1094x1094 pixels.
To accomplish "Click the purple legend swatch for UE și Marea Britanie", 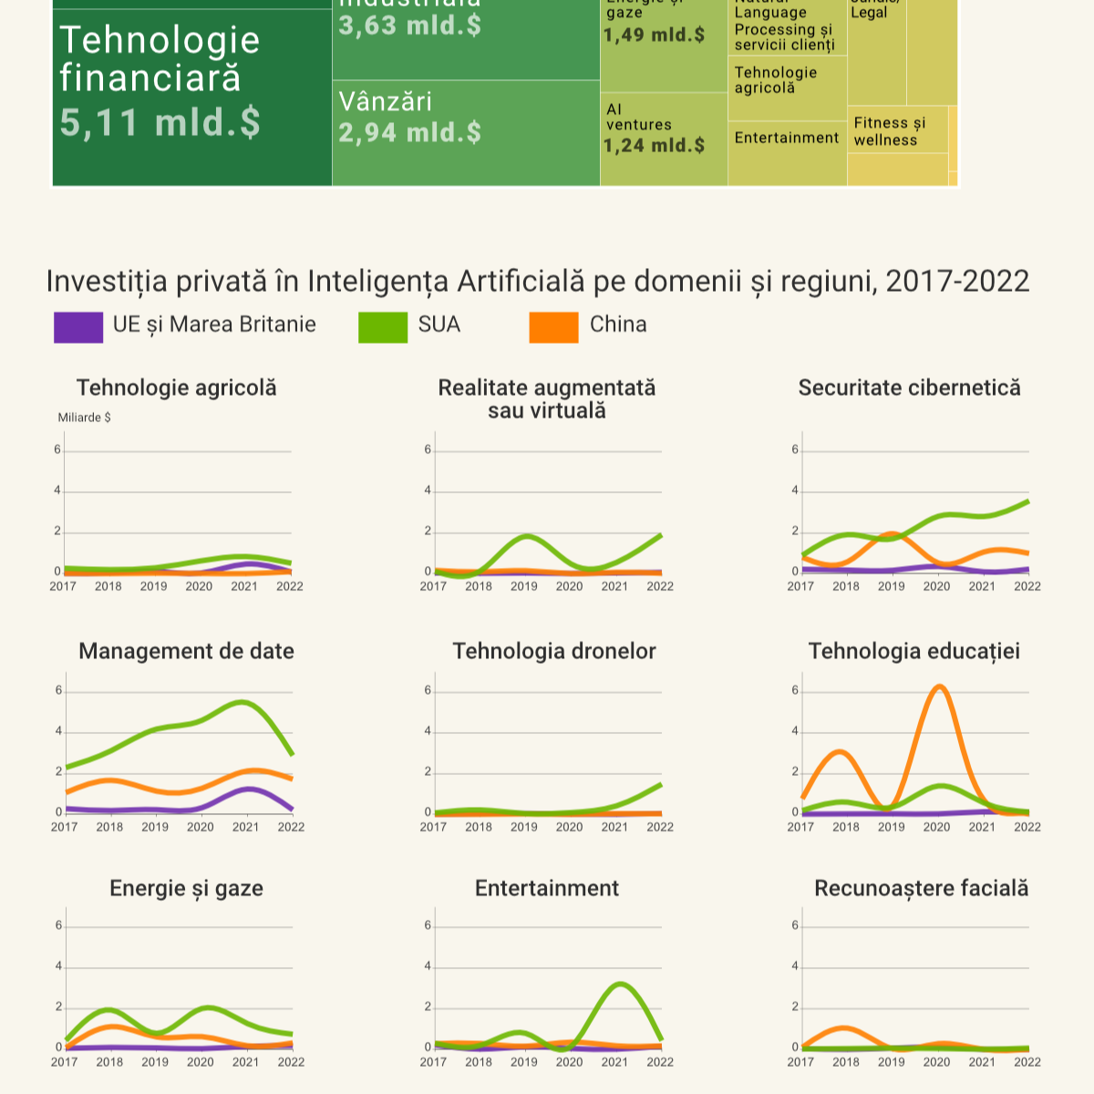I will coord(78,327).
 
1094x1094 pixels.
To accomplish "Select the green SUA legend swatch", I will coord(383,327).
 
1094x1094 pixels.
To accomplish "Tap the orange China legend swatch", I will coord(553,327).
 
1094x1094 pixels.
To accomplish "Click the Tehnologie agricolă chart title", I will coord(177,387).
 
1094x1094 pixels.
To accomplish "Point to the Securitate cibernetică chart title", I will coord(909,387).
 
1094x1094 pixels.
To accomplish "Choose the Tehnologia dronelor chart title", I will coord(554,651).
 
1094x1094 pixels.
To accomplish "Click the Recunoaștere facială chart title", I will coord(921,888).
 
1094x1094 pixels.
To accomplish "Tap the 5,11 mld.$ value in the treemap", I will coord(160,122).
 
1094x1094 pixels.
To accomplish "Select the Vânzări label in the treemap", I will coord(386,101).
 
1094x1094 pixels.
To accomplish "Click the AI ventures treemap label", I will coord(638,117).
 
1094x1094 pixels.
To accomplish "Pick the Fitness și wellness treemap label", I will coord(889,131).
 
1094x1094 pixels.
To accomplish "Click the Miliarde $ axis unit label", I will coord(84,418).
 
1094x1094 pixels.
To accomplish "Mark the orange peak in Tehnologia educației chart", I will coord(938,686).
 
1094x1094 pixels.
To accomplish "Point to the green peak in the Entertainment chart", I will coord(620,984).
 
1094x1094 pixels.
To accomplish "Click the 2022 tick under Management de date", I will coord(291,827).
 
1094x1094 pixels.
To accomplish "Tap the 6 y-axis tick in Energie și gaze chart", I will coord(58,925).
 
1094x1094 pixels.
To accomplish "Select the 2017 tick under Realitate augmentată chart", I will coord(433,586).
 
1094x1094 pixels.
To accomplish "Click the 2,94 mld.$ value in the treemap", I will coord(409,133).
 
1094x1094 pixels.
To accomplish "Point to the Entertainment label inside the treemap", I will coord(786,138).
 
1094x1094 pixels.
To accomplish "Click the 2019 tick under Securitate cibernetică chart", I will coord(891,586).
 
